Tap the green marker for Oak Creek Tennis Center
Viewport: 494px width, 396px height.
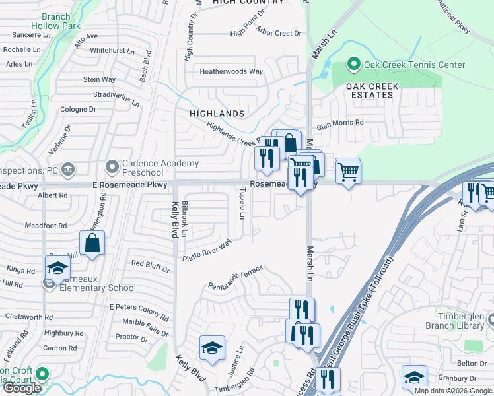coord(353,65)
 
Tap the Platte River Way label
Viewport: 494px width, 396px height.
coord(207,251)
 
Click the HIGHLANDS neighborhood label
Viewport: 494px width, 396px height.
coord(217,114)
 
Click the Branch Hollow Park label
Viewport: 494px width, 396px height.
coord(57,20)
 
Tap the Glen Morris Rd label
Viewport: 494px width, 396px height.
coord(340,123)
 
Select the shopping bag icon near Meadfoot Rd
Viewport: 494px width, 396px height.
coord(93,242)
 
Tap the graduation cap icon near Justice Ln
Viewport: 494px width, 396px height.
coord(212,347)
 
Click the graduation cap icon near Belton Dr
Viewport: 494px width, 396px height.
coord(414,377)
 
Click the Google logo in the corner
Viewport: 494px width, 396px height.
coord(22,388)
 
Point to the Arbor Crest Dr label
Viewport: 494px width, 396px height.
coord(278,33)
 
